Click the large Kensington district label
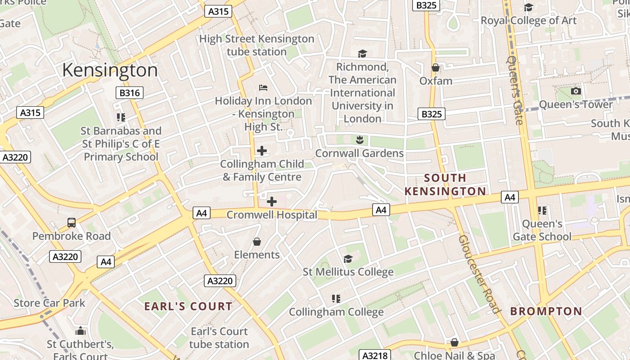(x=110, y=71)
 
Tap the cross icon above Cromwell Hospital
(x=272, y=202)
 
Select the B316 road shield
(x=130, y=93)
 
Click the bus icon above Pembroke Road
(x=72, y=222)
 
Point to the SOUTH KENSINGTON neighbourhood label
(x=445, y=184)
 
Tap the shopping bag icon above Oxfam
(x=435, y=68)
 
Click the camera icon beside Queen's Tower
(x=576, y=91)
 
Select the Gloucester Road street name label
(x=480, y=274)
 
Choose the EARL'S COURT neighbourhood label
(x=188, y=306)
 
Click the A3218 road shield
(x=374, y=355)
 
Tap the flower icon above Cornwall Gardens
(x=359, y=139)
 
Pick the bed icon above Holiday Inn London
(x=263, y=87)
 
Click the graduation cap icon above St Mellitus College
(x=348, y=259)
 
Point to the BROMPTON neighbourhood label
(x=546, y=311)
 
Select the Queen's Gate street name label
(x=516, y=90)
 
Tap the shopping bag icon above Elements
(x=257, y=242)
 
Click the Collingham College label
(x=336, y=312)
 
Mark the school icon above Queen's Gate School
(x=542, y=210)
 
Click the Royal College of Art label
(x=528, y=20)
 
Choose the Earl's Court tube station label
(x=219, y=338)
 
